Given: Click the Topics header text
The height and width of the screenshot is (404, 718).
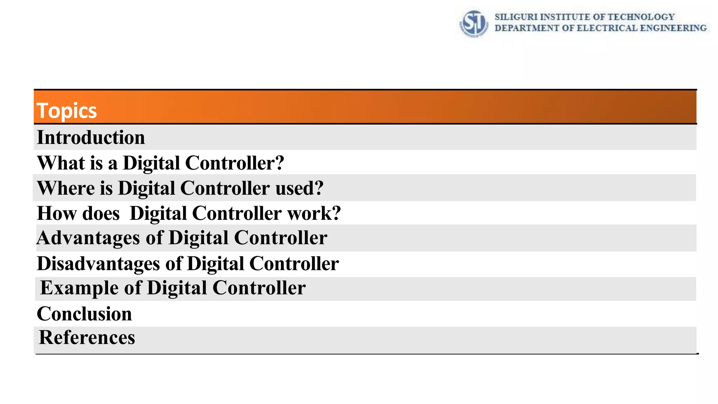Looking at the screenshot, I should pyautogui.click(x=67, y=111).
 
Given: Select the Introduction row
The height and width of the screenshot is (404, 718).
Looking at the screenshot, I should pyautogui.click(x=91, y=137).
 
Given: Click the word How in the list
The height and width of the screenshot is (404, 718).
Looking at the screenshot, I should pyautogui.click(x=56, y=213).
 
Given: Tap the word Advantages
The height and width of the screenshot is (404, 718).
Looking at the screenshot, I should pyautogui.click(x=88, y=238).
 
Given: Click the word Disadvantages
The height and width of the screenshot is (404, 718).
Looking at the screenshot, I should pyautogui.click(x=98, y=263).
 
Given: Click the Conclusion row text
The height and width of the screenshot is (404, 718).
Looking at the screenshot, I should pyautogui.click(x=84, y=314).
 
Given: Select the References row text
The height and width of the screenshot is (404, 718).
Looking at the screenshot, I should pyautogui.click(x=87, y=337).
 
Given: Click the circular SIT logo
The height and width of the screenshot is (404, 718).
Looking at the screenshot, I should pyautogui.click(x=474, y=23).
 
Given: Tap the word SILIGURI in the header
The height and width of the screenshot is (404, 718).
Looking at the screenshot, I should pyautogui.click(x=516, y=17).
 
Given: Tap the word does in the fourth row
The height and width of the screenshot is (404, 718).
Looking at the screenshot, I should pyautogui.click(x=101, y=213).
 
